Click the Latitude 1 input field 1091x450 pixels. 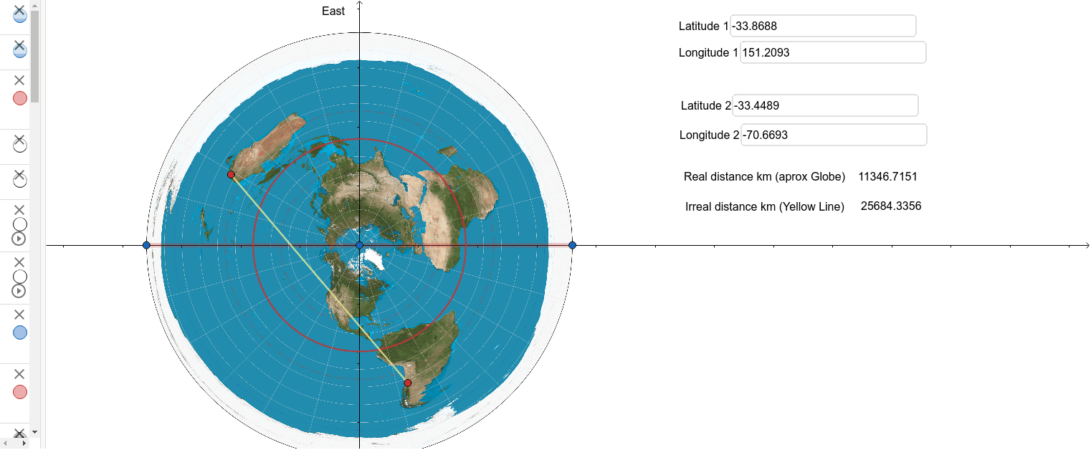822,26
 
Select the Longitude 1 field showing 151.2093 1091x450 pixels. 832,52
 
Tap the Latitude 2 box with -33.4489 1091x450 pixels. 824,105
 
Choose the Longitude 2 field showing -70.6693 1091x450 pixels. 833,135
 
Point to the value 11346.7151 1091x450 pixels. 887,176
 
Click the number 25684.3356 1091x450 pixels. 890,206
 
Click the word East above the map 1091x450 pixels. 333,11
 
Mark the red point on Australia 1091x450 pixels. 231,175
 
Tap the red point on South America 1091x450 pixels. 408,383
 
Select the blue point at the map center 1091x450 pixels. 360,246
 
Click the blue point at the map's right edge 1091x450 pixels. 572,246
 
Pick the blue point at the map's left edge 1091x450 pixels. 146,246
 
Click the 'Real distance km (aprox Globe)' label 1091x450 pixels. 764,176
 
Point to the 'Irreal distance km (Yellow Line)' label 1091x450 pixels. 764,206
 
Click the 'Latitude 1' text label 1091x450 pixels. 703,27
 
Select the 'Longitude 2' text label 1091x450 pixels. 709,135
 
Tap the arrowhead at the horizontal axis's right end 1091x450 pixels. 1086,246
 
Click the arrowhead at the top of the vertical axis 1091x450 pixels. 360,4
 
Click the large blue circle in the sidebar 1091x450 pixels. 20,332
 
